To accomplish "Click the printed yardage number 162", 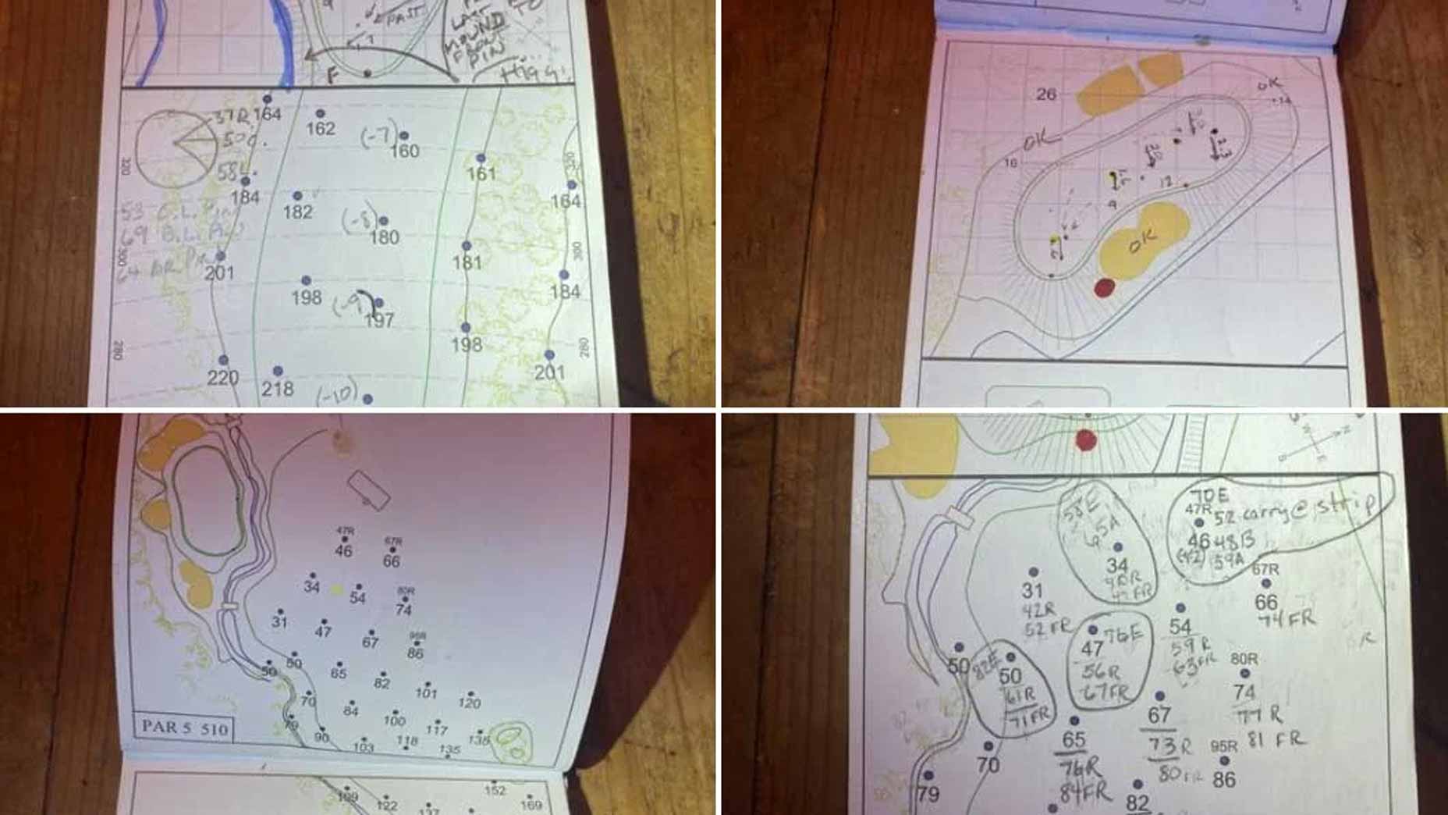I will click(321, 129).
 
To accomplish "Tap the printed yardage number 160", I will click(404, 151).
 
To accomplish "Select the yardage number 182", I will click(298, 212).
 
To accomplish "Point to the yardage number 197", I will click(379, 320).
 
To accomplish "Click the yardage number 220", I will click(223, 378).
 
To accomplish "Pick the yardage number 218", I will click(278, 389).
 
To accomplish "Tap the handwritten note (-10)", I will click(337, 393).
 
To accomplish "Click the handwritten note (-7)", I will click(378, 136).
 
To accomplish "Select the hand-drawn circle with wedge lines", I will click(177, 148).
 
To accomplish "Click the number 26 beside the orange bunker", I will click(1046, 94).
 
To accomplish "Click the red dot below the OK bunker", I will click(1104, 288).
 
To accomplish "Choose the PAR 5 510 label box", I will click(185, 728).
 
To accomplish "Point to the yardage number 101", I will click(426, 692).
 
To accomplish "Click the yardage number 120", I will click(469, 703).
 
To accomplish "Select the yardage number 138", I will click(478, 738).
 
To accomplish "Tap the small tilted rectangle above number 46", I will click(368, 491).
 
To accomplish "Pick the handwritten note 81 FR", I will click(1276, 738).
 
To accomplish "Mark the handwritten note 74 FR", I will click(1287, 619).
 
